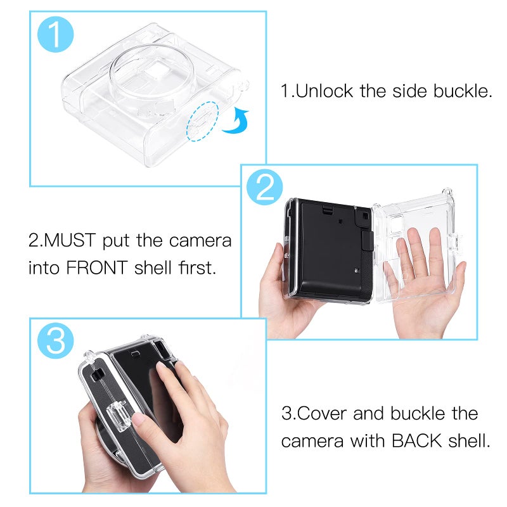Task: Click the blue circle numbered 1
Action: pos(56,35)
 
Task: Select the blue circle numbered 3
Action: pos(56,342)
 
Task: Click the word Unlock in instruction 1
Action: pos(326,91)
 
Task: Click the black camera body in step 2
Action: pos(329,254)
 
